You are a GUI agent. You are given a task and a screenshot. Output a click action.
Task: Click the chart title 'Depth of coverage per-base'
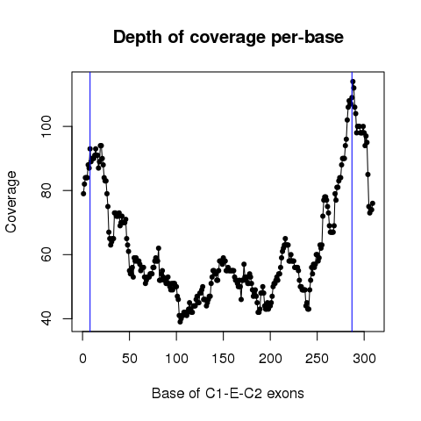(x=228, y=38)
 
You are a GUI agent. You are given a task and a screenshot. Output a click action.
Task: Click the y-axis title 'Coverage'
(x=11, y=202)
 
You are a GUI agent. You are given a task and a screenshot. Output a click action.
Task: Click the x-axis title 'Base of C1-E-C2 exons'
(x=228, y=393)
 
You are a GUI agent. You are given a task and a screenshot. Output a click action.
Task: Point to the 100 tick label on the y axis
(x=46, y=126)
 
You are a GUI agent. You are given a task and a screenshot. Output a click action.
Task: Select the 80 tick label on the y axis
(x=46, y=190)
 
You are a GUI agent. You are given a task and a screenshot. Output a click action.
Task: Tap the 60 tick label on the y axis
(x=46, y=254)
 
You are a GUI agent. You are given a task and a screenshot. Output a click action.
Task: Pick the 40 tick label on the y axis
(x=46, y=318)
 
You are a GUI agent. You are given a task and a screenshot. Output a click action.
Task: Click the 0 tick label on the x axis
(x=82, y=358)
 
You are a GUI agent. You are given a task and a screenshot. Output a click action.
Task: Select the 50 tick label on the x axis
(x=130, y=358)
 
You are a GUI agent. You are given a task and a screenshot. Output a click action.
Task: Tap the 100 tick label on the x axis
(x=176, y=358)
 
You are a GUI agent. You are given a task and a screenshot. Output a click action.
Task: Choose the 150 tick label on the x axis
(x=224, y=358)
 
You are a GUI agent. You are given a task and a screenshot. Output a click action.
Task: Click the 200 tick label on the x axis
(x=270, y=358)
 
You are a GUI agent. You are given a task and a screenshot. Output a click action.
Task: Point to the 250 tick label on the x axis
(x=318, y=358)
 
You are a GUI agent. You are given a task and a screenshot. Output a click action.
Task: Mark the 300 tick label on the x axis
(x=364, y=358)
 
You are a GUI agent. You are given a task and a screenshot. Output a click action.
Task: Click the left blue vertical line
(x=90, y=202)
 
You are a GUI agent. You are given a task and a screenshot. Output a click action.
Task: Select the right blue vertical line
(x=352, y=202)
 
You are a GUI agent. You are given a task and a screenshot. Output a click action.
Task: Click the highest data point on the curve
(x=353, y=82)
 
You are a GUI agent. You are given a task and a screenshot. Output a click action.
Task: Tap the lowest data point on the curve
(x=180, y=322)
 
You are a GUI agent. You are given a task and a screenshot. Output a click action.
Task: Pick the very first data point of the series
(x=83, y=194)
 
